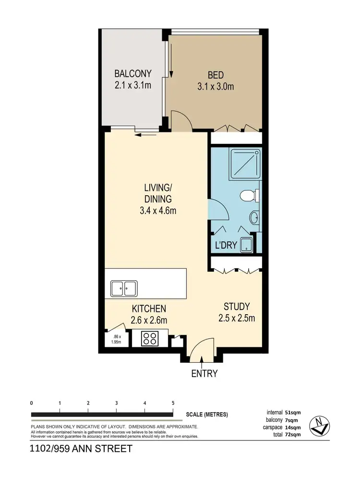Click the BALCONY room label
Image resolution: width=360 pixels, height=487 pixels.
coord(133,74)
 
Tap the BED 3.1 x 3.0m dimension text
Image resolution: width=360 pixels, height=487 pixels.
coord(216,87)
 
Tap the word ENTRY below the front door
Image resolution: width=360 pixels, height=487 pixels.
coord(204,374)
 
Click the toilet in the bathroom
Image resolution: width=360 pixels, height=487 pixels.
coord(248,195)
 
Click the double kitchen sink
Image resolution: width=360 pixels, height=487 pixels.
coord(123,289)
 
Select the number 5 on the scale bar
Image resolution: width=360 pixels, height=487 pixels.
coord(173,403)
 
